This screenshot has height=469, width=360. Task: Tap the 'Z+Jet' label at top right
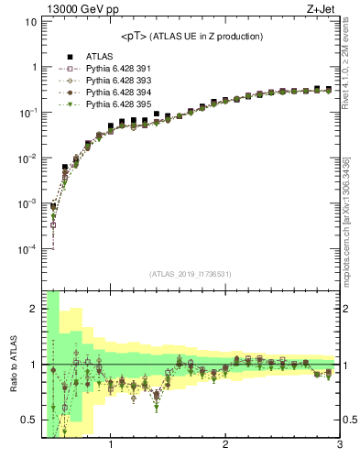324,10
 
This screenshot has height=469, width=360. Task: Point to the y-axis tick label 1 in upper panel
34,68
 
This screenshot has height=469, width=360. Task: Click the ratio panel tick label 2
34,309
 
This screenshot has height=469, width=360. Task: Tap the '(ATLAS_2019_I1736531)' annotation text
191,275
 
